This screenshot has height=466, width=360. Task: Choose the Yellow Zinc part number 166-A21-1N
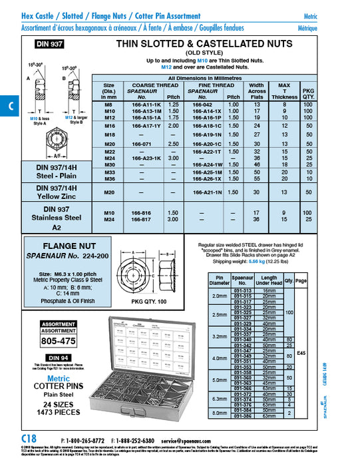[206, 192]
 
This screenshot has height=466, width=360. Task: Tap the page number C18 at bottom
[30, 439]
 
